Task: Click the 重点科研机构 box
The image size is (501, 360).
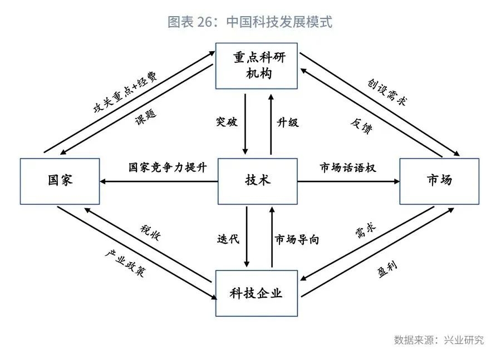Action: pyautogui.click(x=257, y=66)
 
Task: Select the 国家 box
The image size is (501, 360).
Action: pyautogui.click(x=60, y=181)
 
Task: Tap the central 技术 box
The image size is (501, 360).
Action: pyautogui.click(x=258, y=181)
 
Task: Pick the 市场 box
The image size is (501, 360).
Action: pyautogui.click(x=439, y=181)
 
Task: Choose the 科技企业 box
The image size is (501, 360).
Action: pyautogui.click(x=257, y=293)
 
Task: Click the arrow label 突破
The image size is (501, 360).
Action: pyautogui.click(x=227, y=122)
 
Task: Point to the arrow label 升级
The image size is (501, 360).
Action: pyautogui.click(x=288, y=122)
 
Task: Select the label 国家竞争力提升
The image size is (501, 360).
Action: pyautogui.click(x=168, y=167)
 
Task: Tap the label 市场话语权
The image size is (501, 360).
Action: pyautogui.click(x=348, y=167)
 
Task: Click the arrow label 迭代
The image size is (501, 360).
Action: pyautogui.click(x=228, y=239)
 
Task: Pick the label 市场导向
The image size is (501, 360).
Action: pyautogui.click(x=297, y=239)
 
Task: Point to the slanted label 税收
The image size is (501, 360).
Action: pyautogui.click(x=150, y=232)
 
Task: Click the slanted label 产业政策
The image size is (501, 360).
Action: pyautogui.click(x=125, y=263)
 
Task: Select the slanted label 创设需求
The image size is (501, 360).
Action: pyautogui.click(x=387, y=92)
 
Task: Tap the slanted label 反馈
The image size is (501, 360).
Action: pyautogui.click(x=361, y=126)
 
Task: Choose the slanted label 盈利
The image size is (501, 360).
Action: pyautogui.click(x=387, y=269)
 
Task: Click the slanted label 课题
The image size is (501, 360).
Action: pyautogui.click(x=146, y=117)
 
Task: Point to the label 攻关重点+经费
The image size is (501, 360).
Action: pyautogui.click(x=125, y=92)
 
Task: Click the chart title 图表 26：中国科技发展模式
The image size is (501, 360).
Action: pyautogui.click(x=250, y=22)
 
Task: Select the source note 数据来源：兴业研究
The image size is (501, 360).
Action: pyautogui.click(x=439, y=340)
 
